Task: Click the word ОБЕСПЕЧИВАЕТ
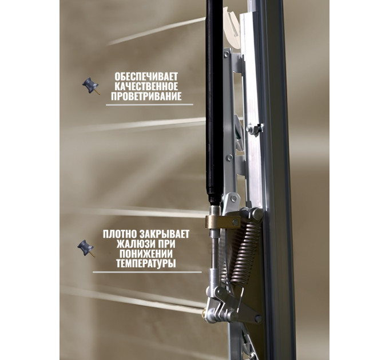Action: click(x=146, y=77)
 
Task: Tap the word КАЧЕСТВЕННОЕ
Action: click(x=146, y=86)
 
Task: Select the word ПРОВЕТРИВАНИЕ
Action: click(x=146, y=97)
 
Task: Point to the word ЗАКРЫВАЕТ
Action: click(x=165, y=234)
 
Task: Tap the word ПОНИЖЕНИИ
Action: click(x=146, y=254)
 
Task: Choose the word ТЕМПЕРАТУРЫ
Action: click(x=146, y=263)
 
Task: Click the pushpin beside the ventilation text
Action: click(x=91, y=86)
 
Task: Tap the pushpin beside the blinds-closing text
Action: click(x=86, y=248)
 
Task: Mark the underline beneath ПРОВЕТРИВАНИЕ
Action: click(x=150, y=105)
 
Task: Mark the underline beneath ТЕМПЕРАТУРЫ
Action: click(x=148, y=272)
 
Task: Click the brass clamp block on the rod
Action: click(x=223, y=222)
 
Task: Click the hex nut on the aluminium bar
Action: click(x=250, y=129)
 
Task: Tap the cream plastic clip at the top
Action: click(x=232, y=27)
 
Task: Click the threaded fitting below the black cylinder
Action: click(x=215, y=210)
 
